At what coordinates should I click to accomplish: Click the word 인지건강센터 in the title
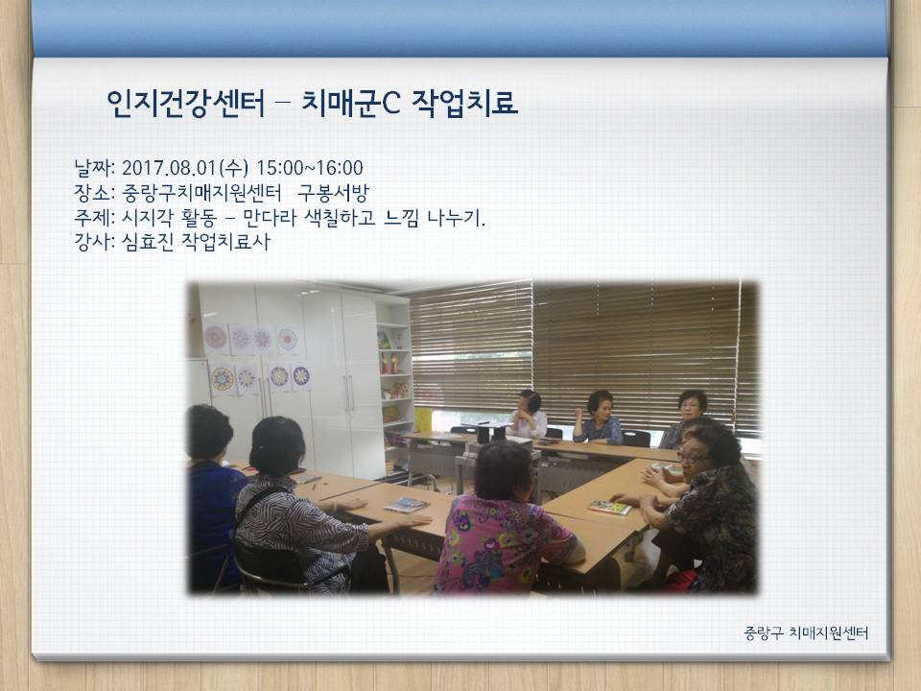pyautogui.click(x=186, y=103)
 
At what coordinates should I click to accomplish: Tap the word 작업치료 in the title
pyautogui.click(x=464, y=103)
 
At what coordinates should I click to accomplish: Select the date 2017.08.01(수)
pyautogui.click(x=185, y=168)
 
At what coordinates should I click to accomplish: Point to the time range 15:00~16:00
pyautogui.click(x=310, y=168)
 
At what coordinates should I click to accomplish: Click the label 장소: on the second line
pyautogui.click(x=94, y=193)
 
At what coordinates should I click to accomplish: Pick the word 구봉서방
pyautogui.click(x=333, y=193)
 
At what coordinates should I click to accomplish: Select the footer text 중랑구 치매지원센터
pyautogui.click(x=806, y=632)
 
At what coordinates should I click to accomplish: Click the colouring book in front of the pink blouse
pyautogui.click(x=405, y=505)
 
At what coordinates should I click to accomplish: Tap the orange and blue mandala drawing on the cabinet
pyautogui.click(x=222, y=379)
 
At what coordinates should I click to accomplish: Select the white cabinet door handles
pyautogui.click(x=349, y=393)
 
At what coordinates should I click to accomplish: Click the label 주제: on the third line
pyautogui.click(x=94, y=218)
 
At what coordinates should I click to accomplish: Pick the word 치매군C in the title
pyautogui.click(x=351, y=103)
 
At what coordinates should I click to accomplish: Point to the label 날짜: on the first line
pyautogui.click(x=94, y=168)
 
